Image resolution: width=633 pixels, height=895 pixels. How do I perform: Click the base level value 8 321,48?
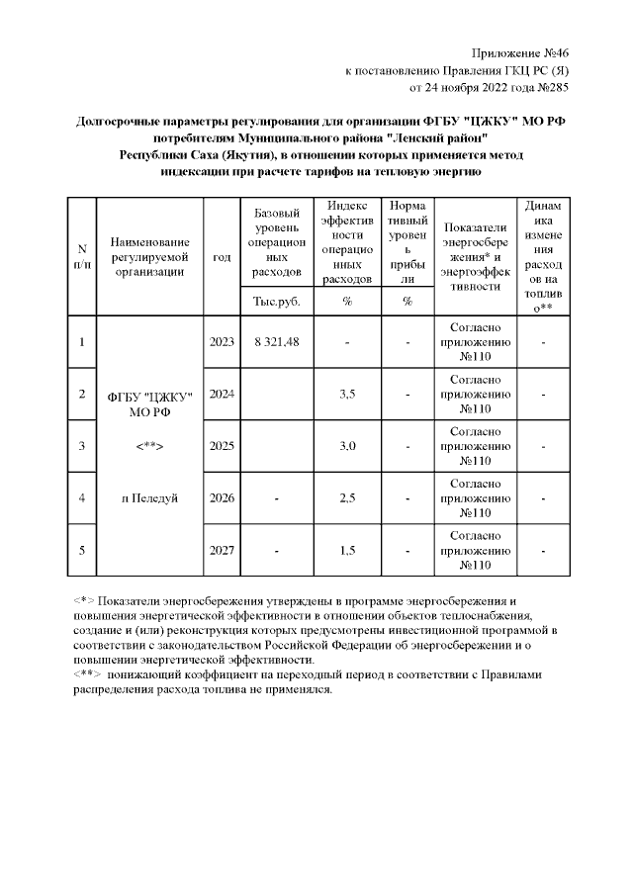coord(277,342)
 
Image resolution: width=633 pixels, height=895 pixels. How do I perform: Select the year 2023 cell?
coord(222,342)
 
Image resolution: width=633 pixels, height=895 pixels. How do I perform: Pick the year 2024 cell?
coord(222,395)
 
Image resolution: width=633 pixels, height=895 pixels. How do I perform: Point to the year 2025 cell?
coord(222,446)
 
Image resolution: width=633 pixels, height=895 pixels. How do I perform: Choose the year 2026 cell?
coord(222,498)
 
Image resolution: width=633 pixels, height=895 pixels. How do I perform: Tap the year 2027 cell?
coord(222,550)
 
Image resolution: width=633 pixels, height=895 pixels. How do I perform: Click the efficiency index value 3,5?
coord(347,395)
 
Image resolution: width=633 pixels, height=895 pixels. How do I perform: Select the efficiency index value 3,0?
coord(347,446)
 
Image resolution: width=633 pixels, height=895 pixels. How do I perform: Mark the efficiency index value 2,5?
coord(347,498)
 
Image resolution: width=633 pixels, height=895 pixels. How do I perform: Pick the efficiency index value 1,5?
coord(347,550)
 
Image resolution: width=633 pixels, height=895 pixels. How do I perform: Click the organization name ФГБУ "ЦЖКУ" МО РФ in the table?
coord(149,403)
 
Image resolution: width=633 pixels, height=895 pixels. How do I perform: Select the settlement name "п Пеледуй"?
coord(149,498)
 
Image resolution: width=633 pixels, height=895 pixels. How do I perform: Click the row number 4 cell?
coord(82,498)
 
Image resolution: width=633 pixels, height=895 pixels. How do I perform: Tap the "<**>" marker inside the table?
coord(149,447)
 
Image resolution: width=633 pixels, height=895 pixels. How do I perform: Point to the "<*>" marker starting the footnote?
coord(84,601)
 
